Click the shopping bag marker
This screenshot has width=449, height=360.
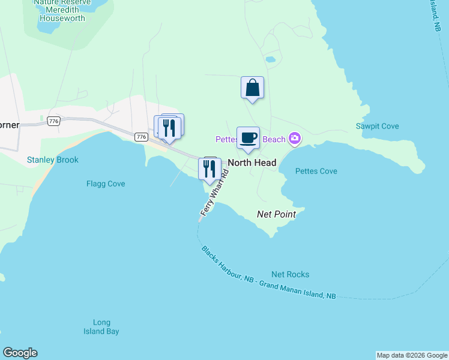click(x=253, y=88)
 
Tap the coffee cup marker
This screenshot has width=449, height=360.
click(x=248, y=138)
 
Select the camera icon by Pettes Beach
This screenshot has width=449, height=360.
click(x=294, y=139)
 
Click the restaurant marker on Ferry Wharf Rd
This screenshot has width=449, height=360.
click(x=209, y=169)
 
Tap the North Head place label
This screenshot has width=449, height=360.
click(x=252, y=163)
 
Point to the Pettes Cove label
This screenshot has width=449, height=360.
click(x=316, y=171)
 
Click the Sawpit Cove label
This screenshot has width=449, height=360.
click(x=377, y=126)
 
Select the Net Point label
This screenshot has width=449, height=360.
click(x=276, y=214)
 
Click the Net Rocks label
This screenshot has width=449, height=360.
click(x=290, y=274)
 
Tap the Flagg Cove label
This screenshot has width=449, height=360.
click(x=106, y=184)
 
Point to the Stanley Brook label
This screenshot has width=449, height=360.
click(x=53, y=160)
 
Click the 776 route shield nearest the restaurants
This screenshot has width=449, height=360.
click(x=141, y=137)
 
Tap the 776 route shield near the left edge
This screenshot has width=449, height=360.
click(x=54, y=121)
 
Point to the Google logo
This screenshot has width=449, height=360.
click(x=20, y=353)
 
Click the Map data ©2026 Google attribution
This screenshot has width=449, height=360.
click(x=412, y=355)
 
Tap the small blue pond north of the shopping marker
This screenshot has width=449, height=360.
click(x=270, y=59)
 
